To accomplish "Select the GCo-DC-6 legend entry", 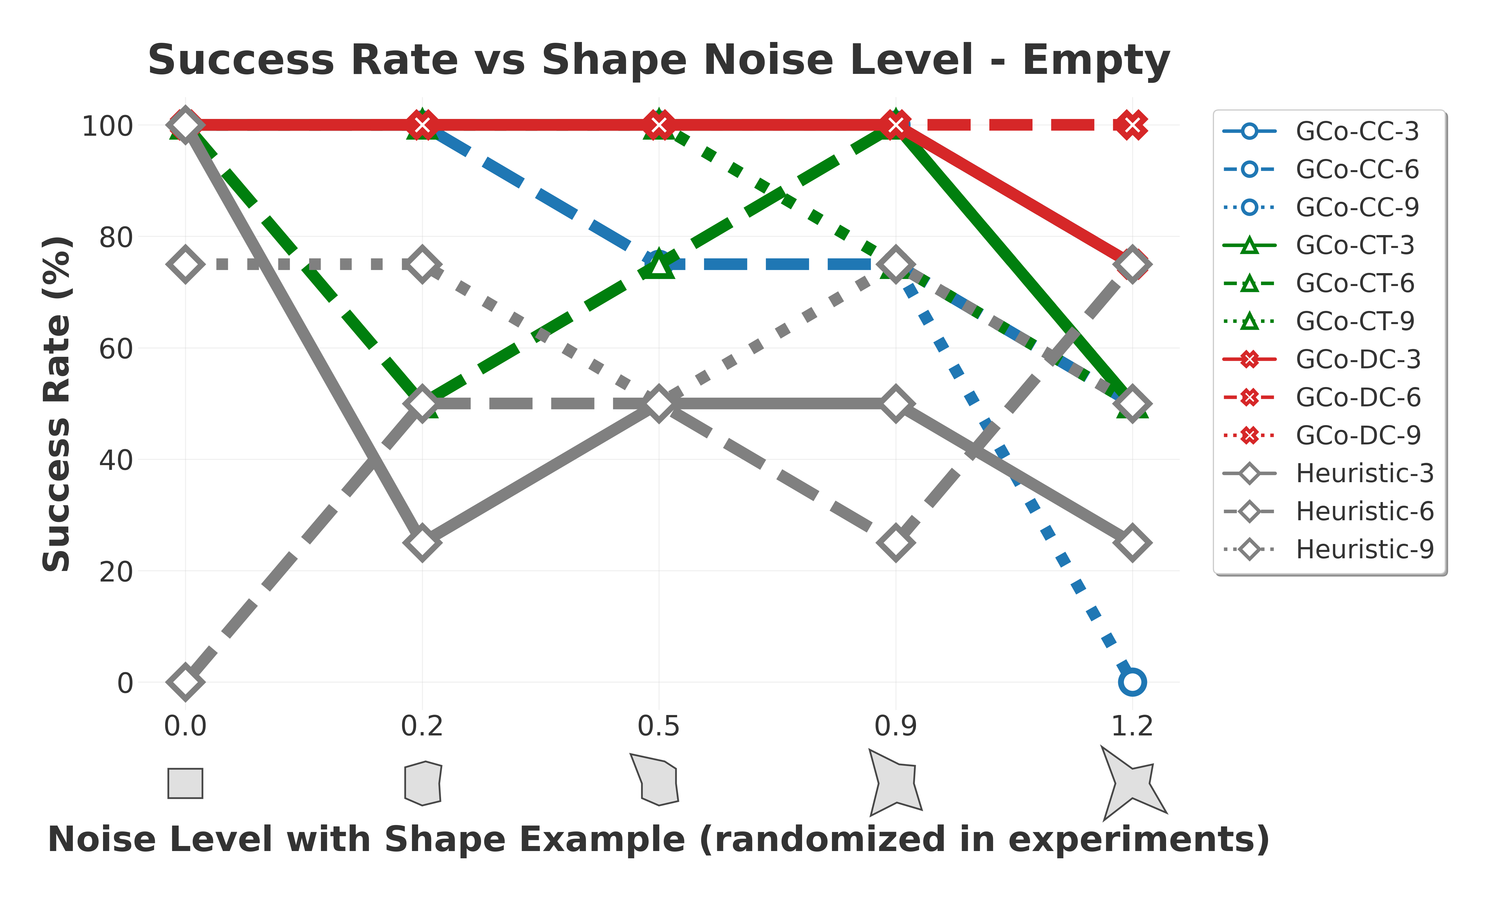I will coord(1358,397).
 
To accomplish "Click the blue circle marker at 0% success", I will coord(1132,682).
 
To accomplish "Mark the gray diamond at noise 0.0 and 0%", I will coord(185,682).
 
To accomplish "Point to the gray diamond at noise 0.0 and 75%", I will coord(185,264).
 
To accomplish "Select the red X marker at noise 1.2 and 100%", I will coord(1132,125).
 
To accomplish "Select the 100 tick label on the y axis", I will coord(108,126).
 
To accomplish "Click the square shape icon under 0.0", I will coord(185,783).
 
